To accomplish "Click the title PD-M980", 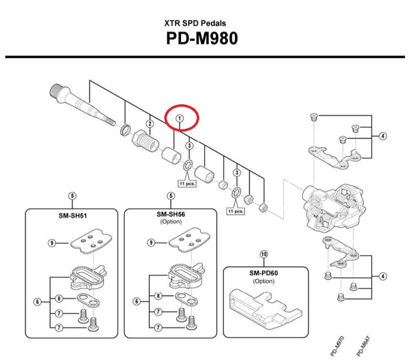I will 208,39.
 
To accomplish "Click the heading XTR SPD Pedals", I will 208,24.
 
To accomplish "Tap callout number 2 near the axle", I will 150,124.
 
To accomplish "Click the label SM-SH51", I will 72,214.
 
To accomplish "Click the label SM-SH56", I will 171,214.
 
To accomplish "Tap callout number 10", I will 263,254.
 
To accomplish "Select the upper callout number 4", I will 383,136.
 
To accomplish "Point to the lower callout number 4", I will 383,276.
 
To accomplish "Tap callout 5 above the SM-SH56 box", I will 171,196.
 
